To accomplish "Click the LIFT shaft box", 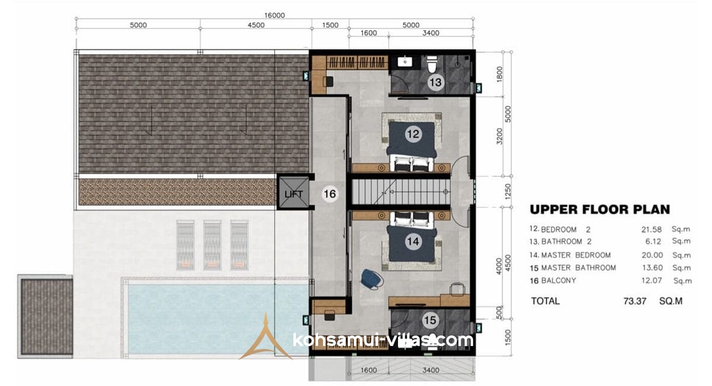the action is coord(293,192).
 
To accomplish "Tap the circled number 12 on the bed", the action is coord(413,134).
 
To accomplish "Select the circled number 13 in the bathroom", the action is coord(436,83).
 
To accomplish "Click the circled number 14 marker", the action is coord(413,242).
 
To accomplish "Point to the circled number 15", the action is coord(430,320).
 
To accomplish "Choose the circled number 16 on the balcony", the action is coord(330,194).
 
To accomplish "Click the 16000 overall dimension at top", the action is coord(274,15).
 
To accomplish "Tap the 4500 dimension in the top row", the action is coord(256,25).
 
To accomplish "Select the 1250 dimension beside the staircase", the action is coord(508,192).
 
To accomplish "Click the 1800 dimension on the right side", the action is coord(499,74).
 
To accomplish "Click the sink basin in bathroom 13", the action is coord(405,61).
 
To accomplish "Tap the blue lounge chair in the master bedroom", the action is coord(372,279).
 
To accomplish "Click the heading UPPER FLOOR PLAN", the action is coord(600,209).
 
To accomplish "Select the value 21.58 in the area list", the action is coord(651,229).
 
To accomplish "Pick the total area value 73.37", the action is coord(635,301).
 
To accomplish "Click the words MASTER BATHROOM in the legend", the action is coord(579,268).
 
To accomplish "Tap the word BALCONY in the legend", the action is coord(559,280).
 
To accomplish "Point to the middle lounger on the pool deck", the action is coord(212,245).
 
